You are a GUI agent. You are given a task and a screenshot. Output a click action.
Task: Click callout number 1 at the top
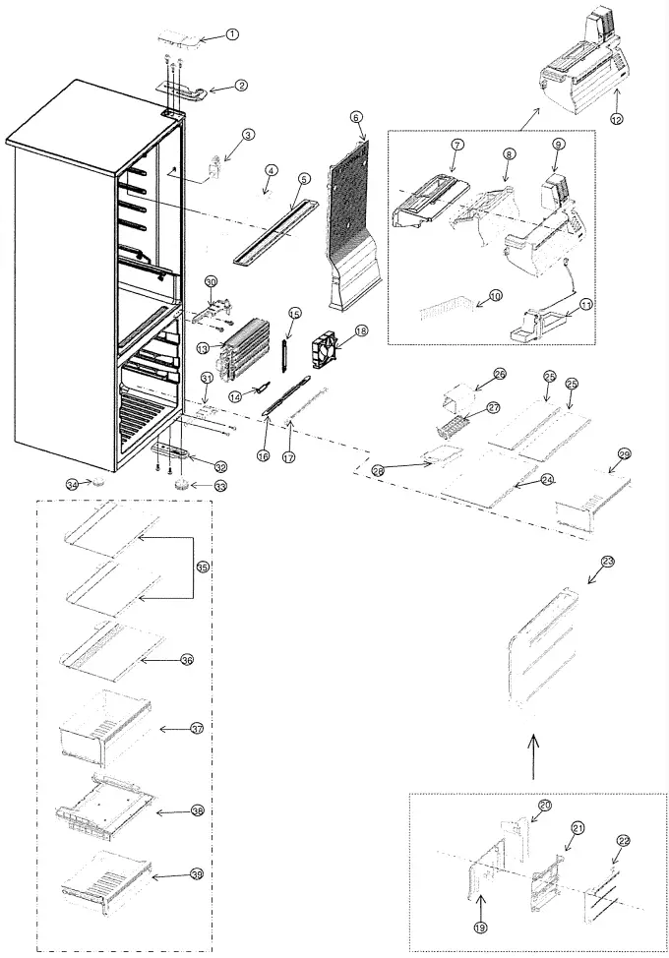pos(232,34)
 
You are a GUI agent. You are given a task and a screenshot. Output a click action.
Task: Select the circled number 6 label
pos(357,117)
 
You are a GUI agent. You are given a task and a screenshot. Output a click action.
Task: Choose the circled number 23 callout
pos(607,561)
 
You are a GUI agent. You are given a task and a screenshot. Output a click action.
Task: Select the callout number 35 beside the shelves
pos(203,568)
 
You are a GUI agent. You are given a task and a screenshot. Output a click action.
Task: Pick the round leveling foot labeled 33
pos(182,486)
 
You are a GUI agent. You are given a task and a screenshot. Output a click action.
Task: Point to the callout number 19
pos(480,926)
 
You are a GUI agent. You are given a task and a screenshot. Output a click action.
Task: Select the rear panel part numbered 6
pos(352,216)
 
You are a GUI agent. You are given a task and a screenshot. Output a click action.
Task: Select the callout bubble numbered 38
pos(197,811)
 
